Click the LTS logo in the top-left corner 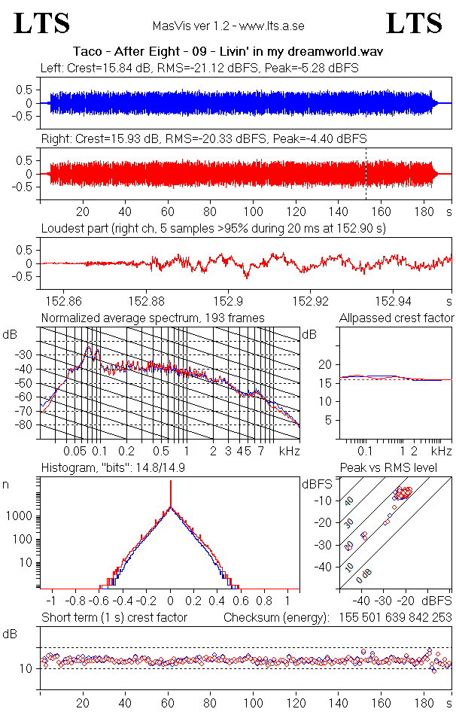[x=42, y=24]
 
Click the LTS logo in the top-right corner [x=414, y=24]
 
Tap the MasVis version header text [x=228, y=26]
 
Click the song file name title [x=228, y=52]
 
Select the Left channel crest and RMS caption [x=199, y=68]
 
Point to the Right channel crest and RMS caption [x=204, y=139]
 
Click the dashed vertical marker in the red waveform [x=366, y=173]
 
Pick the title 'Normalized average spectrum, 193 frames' [x=153, y=318]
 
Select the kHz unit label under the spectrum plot [x=289, y=452]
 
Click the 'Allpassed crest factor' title [x=397, y=318]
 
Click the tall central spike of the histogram [x=171, y=497]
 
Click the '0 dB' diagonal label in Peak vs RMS [x=365, y=576]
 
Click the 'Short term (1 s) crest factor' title [x=114, y=618]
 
